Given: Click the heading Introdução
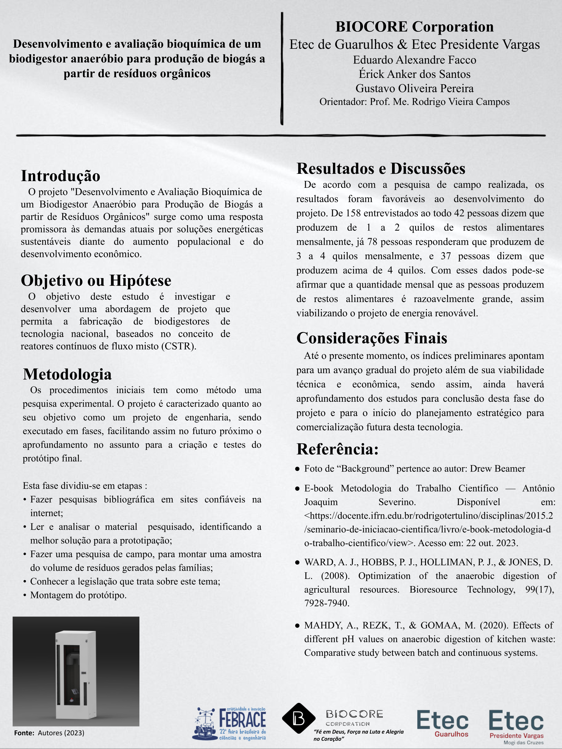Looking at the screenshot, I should point(61,176).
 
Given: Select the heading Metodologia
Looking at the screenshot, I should point(67,374).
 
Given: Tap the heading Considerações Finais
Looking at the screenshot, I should point(372,338).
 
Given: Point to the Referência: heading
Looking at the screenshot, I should point(337,449).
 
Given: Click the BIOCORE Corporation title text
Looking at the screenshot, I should point(414,27).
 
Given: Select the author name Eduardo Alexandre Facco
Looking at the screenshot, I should point(414,60).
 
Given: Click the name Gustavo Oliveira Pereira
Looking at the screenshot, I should point(414,88).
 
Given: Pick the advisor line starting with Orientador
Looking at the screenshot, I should point(414,102).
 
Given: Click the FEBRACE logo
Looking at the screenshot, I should point(229,724).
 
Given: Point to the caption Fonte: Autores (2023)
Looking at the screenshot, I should point(49,733).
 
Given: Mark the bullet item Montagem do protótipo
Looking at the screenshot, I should point(78,595).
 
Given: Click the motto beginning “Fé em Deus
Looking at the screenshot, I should point(358,735).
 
